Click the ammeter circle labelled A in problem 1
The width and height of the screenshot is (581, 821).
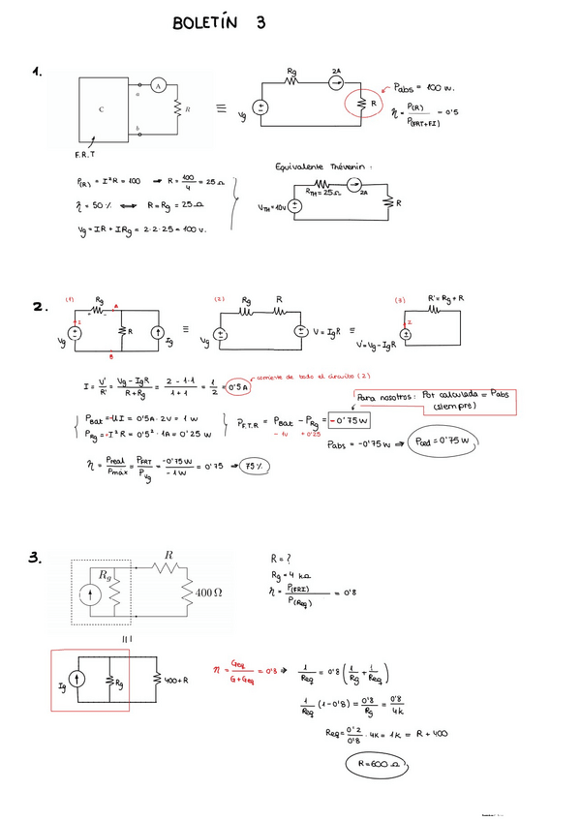[x=163, y=84]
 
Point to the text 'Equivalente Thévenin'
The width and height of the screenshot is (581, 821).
[x=323, y=167]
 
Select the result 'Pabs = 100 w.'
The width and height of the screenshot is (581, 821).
[x=424, y=88]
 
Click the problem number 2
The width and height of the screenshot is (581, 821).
[x=40, y=307]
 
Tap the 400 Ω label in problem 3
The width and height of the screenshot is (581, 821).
[x=210, y=592]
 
